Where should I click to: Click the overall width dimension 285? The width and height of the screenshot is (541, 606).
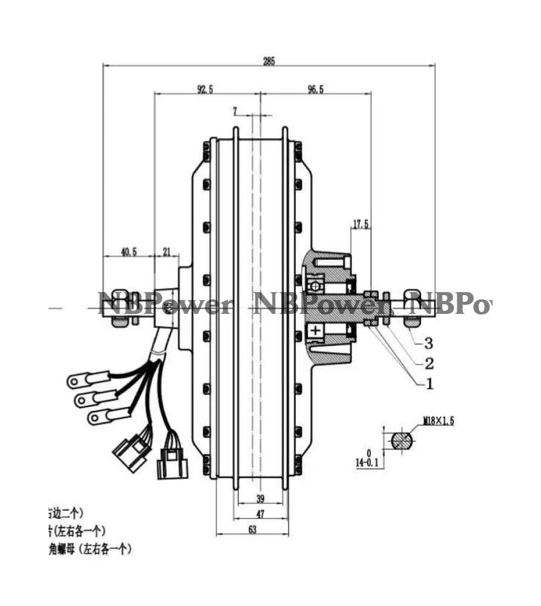coord(269,61)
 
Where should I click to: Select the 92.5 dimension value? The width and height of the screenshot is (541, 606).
coord(205,89)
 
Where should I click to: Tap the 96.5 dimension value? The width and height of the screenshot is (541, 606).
coord(316,89)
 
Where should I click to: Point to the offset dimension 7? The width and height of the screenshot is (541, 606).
coord(235,111)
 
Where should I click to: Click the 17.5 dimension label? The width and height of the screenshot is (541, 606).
coord(361,224)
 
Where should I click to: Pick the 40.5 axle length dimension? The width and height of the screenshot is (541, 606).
coord(128,251)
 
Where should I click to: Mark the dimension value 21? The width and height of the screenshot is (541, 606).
coord(167,251)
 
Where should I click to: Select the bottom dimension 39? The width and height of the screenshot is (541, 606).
coord(260,499)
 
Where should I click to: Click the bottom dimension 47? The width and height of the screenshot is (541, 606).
coord(260,514)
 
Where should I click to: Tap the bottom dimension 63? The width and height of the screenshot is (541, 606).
coord(253,529)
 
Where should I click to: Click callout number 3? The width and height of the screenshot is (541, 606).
coord(428,344)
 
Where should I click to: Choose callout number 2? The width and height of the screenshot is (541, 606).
coord(428,363)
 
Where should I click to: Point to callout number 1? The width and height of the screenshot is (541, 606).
coord(428,383)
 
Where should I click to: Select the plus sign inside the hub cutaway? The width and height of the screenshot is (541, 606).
coord(315,330)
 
